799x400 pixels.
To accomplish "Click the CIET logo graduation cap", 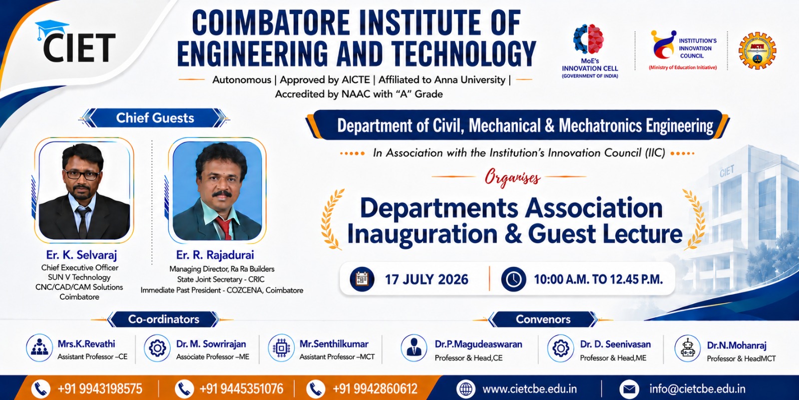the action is tap(52, 28).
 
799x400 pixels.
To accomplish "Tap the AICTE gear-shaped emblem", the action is tap(757, 50).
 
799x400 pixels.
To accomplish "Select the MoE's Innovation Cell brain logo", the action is tap(589, 39).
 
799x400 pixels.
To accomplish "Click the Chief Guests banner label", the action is tap(155, 118).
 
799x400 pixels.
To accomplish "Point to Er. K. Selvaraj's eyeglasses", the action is tap(82, 175).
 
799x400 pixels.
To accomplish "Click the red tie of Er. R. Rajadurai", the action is tap(225, 227).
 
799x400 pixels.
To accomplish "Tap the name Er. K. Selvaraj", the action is tap(81, 255).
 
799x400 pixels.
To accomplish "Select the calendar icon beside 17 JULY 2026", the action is tap(362, 279).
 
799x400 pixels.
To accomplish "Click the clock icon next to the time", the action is tap(513, 279).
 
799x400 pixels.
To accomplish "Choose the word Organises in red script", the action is tap(512, 178).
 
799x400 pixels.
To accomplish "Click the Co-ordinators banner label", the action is tap(163, 319).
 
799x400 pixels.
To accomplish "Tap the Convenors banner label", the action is tap(543, 319).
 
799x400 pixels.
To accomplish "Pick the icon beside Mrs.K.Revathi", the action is tap(39, 348).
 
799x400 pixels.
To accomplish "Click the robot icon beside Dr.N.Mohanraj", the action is tap(687, 348).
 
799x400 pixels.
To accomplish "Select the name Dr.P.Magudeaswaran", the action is tap(478, 344).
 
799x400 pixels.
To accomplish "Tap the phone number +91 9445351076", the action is tap(242, 388).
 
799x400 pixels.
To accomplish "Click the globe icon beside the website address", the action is tap(466, 389).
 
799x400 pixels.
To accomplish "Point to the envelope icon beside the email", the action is tap(629, 389).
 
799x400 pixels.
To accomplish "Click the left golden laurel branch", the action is tap(332, 219).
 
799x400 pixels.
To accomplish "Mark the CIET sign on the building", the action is tap(727, 171).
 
